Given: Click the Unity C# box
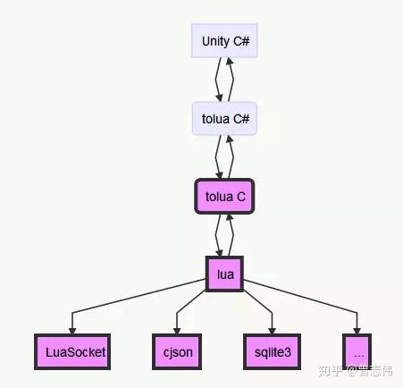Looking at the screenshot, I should (x=224, y=40).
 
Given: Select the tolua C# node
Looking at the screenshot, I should (x=224, y=118).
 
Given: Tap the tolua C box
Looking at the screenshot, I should (x=224, y=197).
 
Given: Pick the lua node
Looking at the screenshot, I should (x=224, y=274).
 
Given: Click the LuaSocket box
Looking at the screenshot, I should (x=71, y=351).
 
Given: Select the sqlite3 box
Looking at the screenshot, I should (x=270, y=351).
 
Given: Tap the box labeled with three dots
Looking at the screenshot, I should (x=357, y=351).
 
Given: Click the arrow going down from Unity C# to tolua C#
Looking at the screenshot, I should (x=217, y=80).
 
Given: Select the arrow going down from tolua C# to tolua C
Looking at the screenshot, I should (x=217, y=157).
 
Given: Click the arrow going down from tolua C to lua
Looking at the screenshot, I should (x=217, y=235).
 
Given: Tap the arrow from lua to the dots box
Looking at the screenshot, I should (x=313, y=299).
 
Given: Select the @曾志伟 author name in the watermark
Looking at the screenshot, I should (x=373, y=369).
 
